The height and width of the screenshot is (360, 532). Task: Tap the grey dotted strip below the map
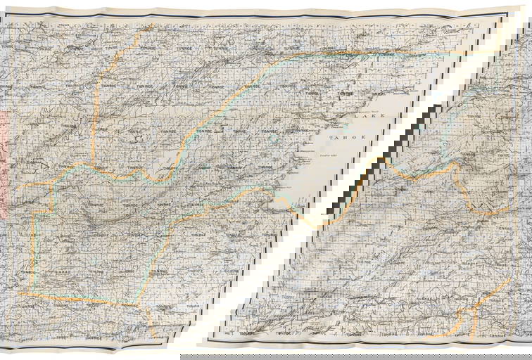pyautogui.click(x=352, y=356)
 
